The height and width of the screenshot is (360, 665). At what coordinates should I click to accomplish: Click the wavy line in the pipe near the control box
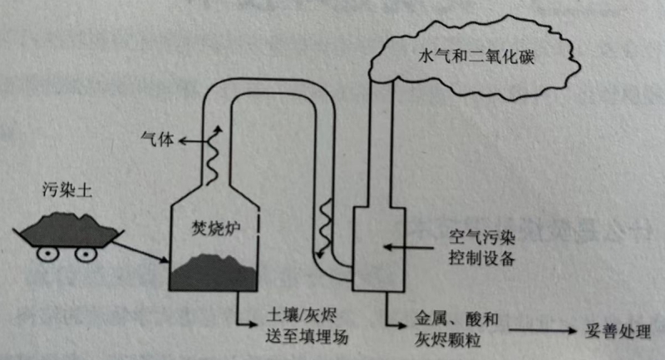pyautogui.click(x=327, y=218)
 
